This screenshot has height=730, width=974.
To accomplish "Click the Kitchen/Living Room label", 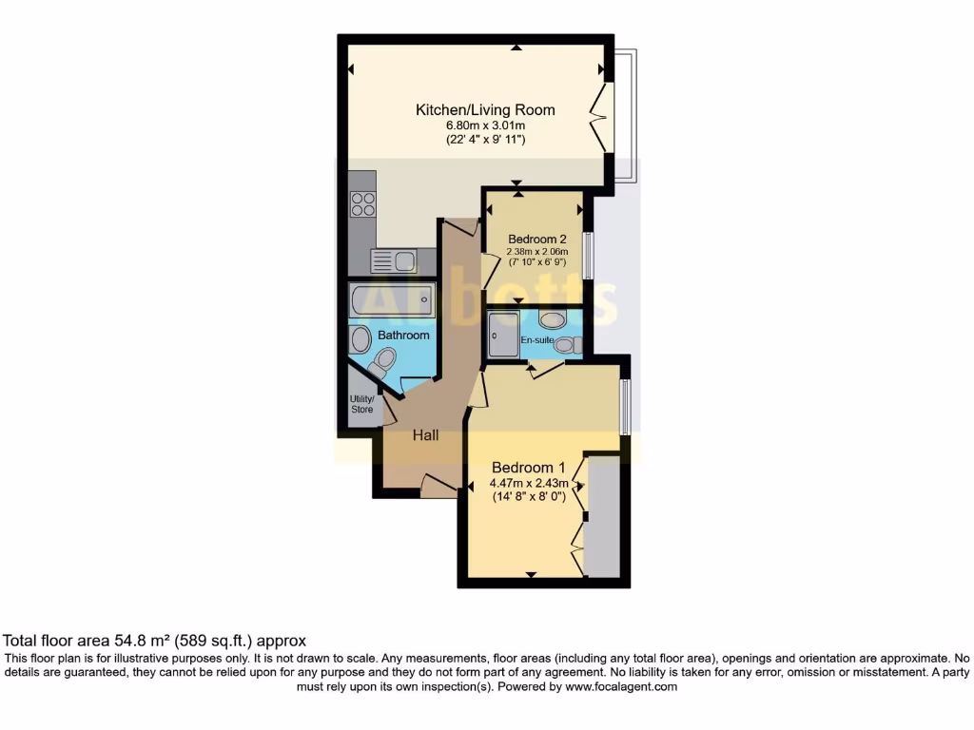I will pos(485,110).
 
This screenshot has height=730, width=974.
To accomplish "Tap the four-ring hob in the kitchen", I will pos(362,204).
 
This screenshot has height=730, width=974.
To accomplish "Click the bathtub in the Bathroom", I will pos(391,300).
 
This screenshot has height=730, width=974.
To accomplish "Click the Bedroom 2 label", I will pos(537,239).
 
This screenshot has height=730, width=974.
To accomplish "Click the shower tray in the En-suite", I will pos(502,335).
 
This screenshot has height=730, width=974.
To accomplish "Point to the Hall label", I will pos(425,435).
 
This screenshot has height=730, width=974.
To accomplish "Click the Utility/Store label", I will pos(361,404).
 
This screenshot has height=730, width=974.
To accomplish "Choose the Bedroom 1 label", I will pos(528,468).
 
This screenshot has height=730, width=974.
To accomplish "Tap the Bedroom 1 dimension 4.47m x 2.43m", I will pos(528,483).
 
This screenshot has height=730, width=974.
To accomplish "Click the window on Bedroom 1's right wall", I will pos(625,407).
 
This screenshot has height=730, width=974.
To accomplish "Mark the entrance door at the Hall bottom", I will pos(438,486).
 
